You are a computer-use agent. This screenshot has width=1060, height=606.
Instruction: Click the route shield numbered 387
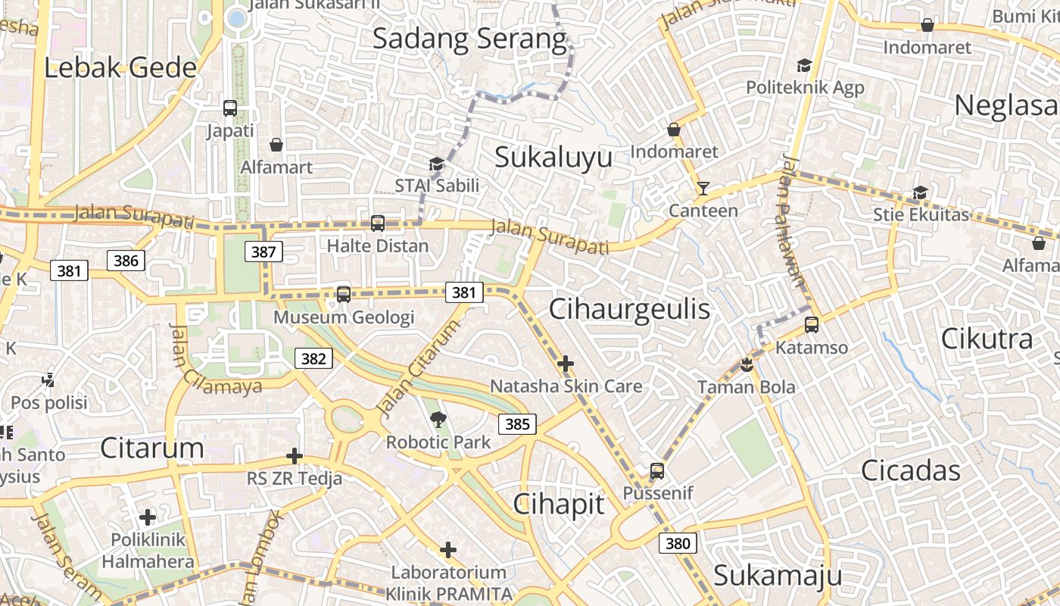click(263, 251)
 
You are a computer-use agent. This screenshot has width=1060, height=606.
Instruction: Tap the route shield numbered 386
click(126, 261)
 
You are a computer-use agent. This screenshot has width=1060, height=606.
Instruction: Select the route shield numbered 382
click(313, 358)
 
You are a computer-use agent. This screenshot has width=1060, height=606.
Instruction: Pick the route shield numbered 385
click(517, 423)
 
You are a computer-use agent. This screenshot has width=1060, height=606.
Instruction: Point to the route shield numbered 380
click(678, 542)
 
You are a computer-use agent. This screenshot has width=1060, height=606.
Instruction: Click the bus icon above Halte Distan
click(377, 223)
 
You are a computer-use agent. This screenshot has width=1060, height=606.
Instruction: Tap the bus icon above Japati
click(230, 108)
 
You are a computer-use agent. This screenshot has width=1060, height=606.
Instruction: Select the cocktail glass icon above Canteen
click(703, 188)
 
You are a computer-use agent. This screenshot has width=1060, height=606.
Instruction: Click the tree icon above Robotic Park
click(438, 419)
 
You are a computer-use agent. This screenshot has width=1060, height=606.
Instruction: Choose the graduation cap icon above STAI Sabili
click(436, 163)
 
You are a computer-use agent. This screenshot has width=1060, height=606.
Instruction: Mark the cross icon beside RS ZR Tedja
click(295, 456)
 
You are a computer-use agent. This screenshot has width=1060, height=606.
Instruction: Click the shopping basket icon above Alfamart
click(276, 144)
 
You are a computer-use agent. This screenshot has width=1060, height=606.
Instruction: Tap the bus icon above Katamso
click(812, 325)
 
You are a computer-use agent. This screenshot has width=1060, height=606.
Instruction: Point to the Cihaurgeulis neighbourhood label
click(629, 309)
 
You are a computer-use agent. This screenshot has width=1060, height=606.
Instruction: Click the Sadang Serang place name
click(469, 39)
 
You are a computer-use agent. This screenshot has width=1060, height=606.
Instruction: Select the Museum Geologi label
click(344, 317)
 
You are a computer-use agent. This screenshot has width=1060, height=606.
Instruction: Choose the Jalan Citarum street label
click(418, 369)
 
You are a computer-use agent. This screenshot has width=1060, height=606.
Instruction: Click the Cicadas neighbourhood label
click(910, 470)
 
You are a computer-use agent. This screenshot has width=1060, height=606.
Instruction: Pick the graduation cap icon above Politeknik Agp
click(804, 65)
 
